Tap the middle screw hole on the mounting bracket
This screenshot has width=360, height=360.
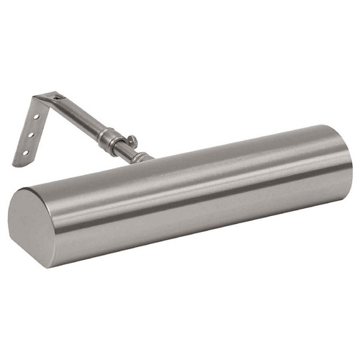pos(30,135)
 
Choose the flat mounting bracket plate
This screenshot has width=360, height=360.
pos(29,133)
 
